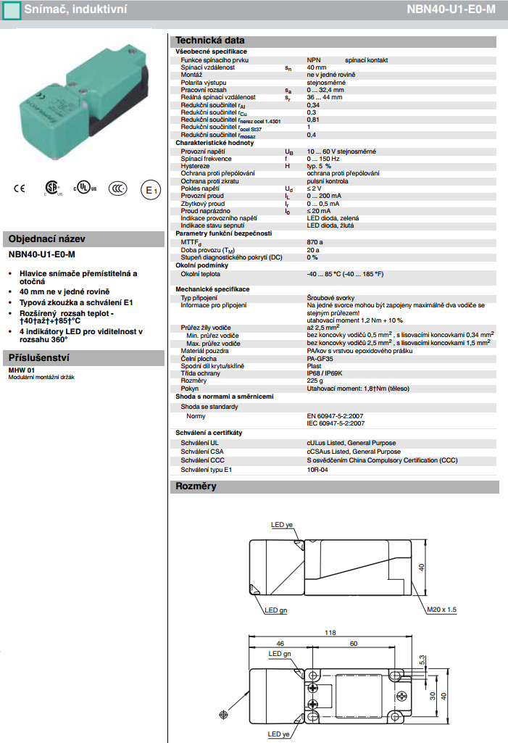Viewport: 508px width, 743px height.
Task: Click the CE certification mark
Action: (20, 189)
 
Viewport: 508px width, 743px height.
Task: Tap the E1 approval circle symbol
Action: (149, 190)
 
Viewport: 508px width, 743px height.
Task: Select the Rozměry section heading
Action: (196, 486)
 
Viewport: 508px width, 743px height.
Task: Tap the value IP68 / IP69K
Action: (327, 373)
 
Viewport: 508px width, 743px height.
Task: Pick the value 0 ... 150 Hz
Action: (323, 158)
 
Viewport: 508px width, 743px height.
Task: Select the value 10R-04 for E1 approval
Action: (317, 470)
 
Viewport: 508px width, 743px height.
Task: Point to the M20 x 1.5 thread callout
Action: (441, 610)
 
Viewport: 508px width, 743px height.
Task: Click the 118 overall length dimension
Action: (330, 633)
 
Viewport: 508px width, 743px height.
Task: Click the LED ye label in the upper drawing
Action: (282, 525)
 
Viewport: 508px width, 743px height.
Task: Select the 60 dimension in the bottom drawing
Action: (354, 642)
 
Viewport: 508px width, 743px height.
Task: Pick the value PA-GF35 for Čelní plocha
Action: (321, 358)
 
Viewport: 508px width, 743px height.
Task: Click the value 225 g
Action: (316, 380)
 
